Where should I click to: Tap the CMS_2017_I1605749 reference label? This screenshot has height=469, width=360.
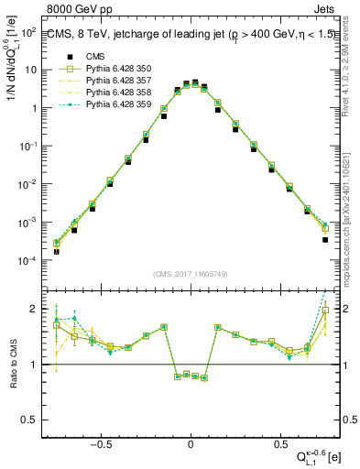(191, 275)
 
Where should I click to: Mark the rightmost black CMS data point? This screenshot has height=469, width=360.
(325, 240)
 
